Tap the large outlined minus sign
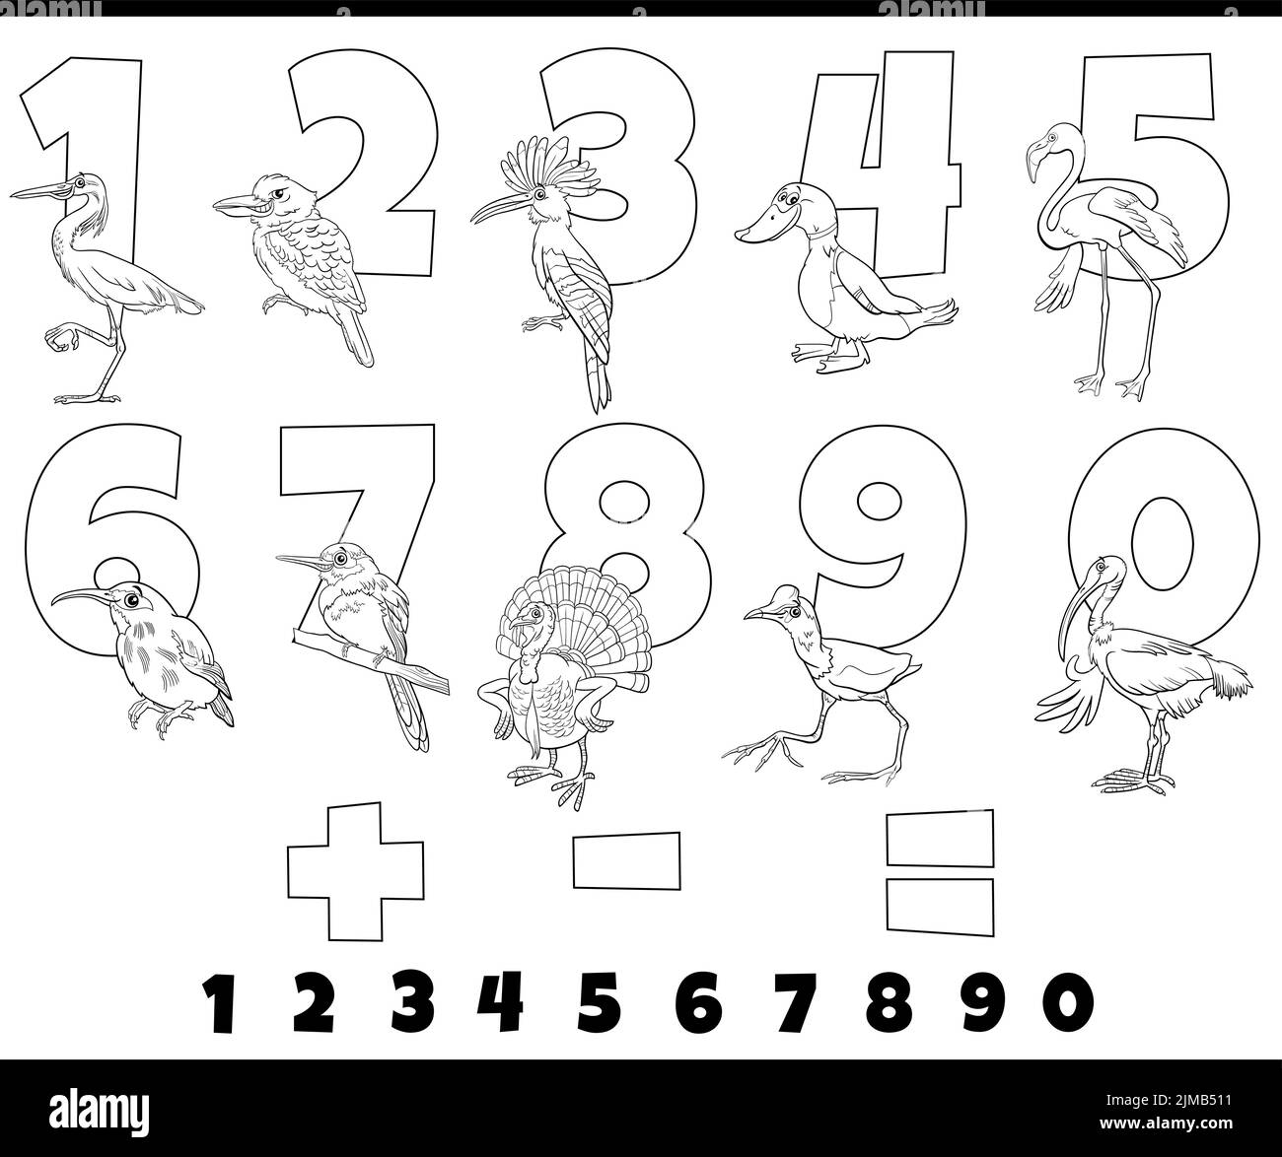pos(626,857)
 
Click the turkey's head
pos(534,622)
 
